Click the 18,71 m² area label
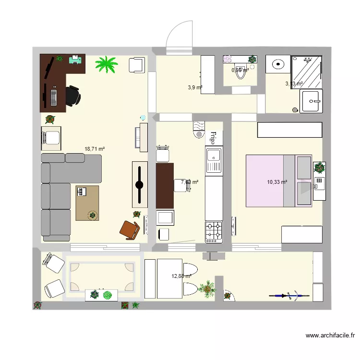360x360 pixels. (95, 149)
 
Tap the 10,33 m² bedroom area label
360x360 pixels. (277, 182)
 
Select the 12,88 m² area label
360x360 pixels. (181, 276)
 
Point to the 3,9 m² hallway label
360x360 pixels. (194, 87)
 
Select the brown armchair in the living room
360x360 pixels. (130, 230)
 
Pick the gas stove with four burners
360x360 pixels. (214, 231)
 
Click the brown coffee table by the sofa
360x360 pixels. (87, 203)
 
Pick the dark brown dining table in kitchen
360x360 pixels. (165, 185)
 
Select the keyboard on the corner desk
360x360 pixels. (53, 96)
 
